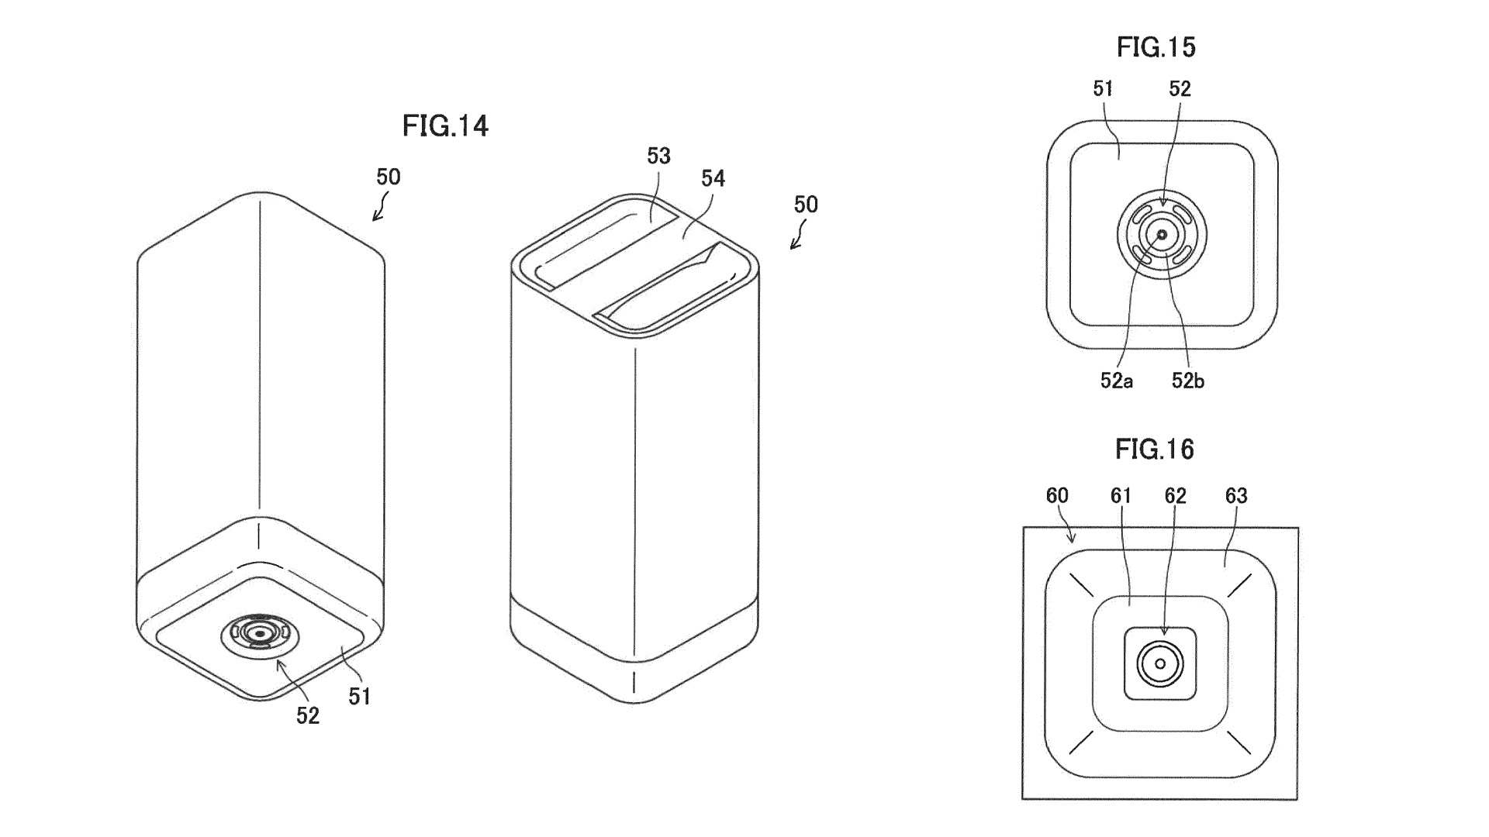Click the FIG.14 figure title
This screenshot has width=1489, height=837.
(445, 126)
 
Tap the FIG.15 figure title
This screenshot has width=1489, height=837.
(1156, 47)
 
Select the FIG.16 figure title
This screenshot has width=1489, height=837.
(1155, 449)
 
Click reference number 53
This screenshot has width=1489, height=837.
(658, 156)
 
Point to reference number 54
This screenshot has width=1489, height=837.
(713, 179)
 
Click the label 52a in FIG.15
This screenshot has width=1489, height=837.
(1116, 381)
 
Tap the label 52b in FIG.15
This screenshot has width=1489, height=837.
(1187, 381)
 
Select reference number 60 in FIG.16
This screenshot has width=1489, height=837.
(1057, 495)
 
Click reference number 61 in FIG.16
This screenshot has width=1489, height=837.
(1121, 495)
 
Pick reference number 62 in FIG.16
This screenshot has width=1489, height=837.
(1176, 495)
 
